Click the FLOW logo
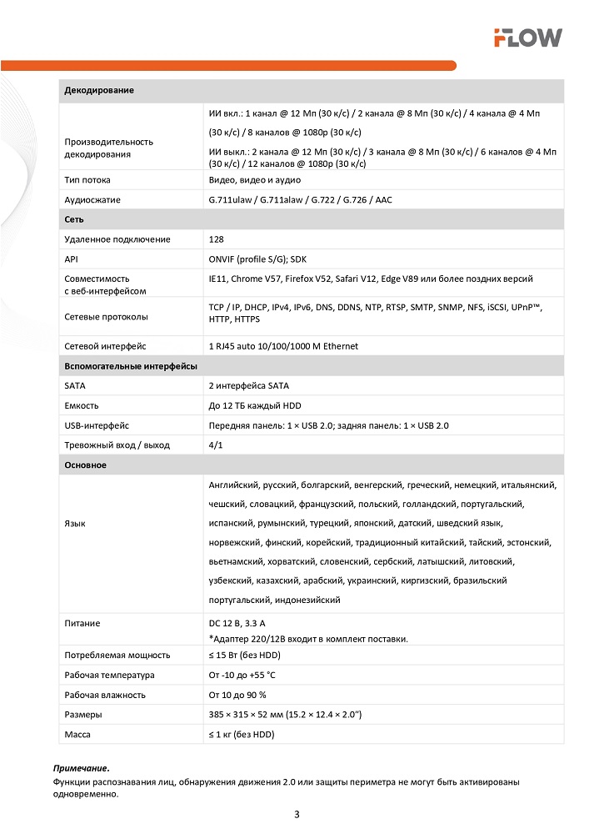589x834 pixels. pyautogui.click(x=527, y=37)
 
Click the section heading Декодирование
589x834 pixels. pyautogui.click(x=99, y=90)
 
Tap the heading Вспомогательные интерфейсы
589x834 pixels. pyautogui.click(x=131, y=366)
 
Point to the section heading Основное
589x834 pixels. pyautogui.click(x=85, y=465)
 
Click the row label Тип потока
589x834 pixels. pyautogui.click(x=87, y=180)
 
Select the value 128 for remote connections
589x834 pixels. pyautogui.click(x=217, y=239)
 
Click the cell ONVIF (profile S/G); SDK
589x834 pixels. pyautogui.click(x=257, y=259)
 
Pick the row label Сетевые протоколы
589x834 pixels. pyautogui.click(x=106, y=317)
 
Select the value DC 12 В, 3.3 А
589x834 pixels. pyautogui.click(x=248, y=623)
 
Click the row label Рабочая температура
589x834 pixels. pyautogui.click(x=109, y=675)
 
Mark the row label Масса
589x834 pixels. pyautogui.click(x=77, y=735)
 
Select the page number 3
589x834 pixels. pyautogui.click(x=297, y=814)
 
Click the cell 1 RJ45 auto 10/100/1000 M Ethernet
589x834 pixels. pyautogui.click(x=283, y=346)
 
